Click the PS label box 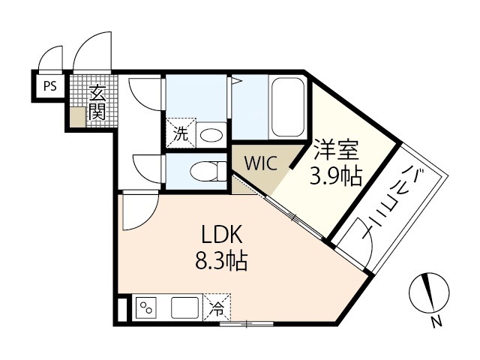pos(49,85)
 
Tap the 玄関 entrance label pos(97,103)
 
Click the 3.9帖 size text pos(336,177)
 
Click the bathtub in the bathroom pos(286,109)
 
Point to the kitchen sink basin pos(184,307)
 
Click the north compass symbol pos(430,292)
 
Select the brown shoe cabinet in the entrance pos(78,116)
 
